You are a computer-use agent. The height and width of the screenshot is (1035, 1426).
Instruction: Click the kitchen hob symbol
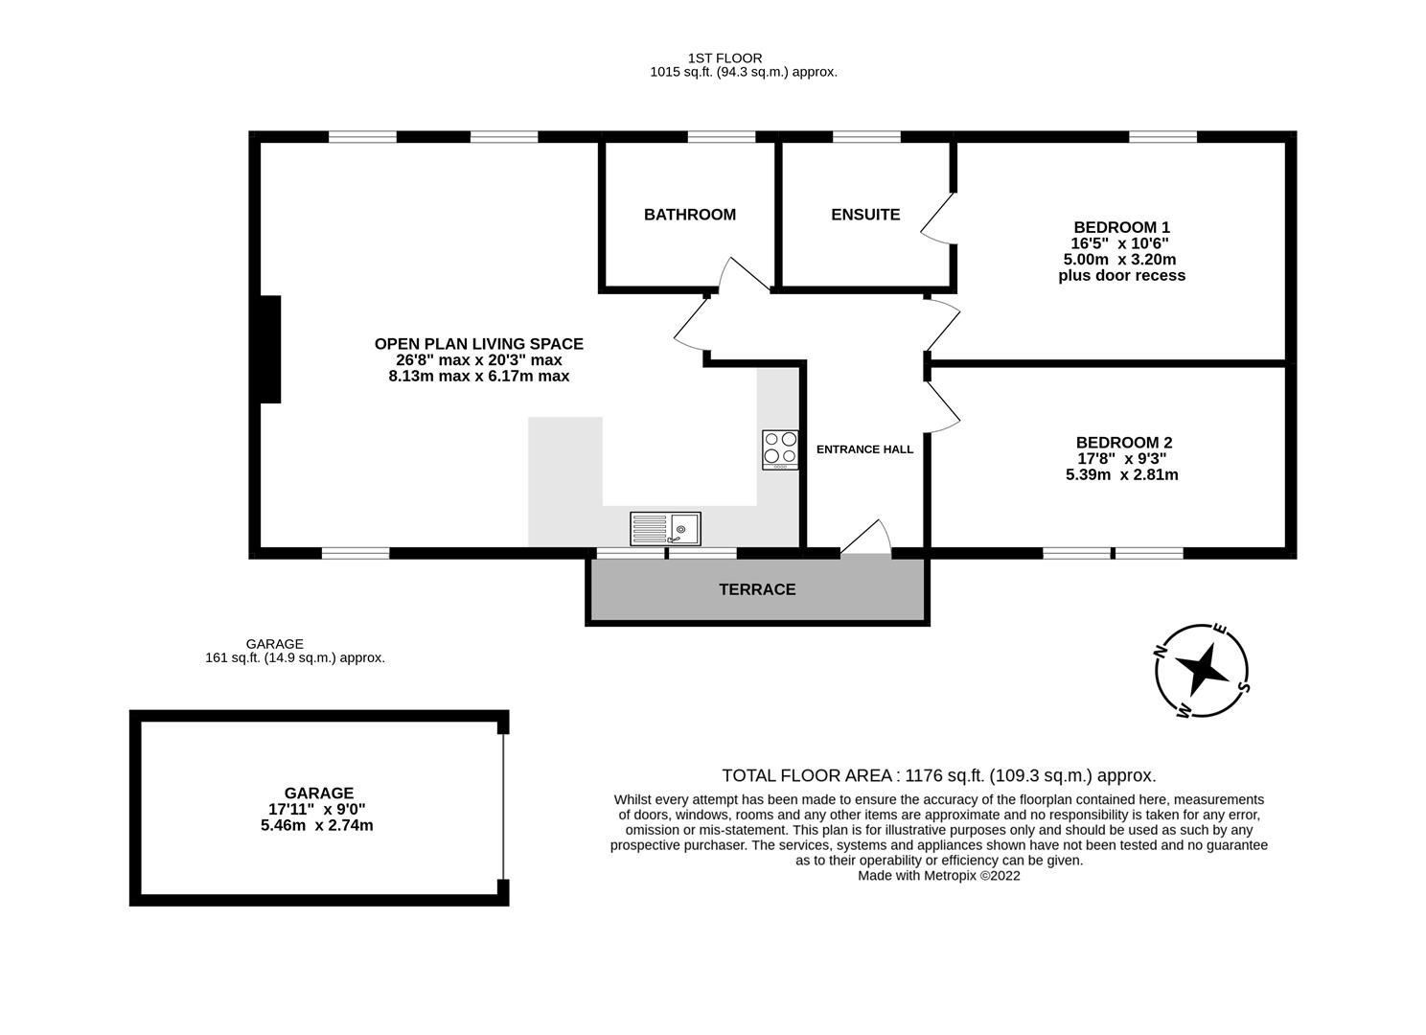tap(780, 449)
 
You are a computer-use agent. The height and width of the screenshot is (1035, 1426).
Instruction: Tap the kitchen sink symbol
tap(665, 528)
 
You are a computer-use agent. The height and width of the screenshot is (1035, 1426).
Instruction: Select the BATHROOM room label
tap(689, 215)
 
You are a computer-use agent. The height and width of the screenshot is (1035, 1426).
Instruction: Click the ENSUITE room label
tap(865, 215)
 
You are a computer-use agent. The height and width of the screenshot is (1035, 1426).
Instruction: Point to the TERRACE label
tap(757, 589)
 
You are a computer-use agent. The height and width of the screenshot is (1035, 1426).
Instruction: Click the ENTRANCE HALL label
tap(864, 449)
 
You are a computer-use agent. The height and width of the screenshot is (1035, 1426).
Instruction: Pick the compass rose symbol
tap(1202, 670)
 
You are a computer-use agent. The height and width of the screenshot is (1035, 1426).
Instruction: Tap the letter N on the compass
tap(1160, 653)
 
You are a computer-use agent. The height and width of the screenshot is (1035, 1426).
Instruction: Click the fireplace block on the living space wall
tap(270, 349)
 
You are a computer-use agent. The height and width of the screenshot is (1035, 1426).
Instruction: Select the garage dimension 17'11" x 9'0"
tap(317, 809)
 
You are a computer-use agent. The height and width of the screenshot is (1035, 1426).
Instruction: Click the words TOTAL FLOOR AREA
tap(808, 775)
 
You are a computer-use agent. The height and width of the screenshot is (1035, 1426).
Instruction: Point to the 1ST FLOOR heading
tap(724, 58)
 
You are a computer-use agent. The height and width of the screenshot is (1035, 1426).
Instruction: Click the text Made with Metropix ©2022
tap(938, 875)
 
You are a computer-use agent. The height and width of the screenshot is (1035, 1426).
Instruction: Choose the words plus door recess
tap(1121, 276)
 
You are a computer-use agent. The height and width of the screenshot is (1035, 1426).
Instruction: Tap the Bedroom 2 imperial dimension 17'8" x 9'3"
tap(1121, 458)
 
